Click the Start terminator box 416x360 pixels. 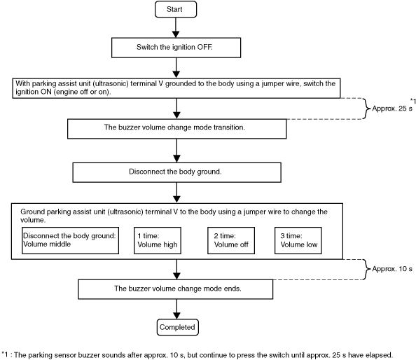[176, 9]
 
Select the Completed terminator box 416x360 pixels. [177, 327]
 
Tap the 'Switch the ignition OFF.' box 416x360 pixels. [176, 48]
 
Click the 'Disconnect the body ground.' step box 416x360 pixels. [176, 172]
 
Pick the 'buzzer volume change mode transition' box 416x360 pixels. [177, 129]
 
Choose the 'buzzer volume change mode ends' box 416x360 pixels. [175, 289]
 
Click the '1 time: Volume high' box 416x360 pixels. [158, 240]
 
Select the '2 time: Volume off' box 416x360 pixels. [231, 240]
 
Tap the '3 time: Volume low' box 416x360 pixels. [298, 240]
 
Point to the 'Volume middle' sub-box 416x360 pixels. [70, 240]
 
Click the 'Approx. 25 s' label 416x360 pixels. [392, 109]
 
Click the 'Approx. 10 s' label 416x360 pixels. [392, 269]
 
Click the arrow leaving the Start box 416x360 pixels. [176, 27]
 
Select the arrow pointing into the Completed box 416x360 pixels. [176, 309]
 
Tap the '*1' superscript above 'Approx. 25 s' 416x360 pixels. [413, 101]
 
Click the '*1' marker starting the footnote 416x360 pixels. [5, 354]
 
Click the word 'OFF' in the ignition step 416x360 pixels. [204, 47]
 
